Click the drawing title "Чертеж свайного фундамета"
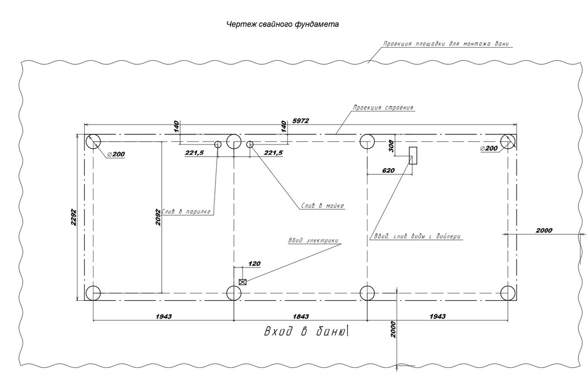click(x=282, y=25)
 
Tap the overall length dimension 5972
click(x=301, y=121)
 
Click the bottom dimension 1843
click(x=300, y=316)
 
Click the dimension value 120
click(x=254, y=263)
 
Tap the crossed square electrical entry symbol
click(x=242, y=282)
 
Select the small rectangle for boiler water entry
click(x=413, y=155)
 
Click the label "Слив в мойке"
click(x=323, y=205)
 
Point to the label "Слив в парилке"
click(x=187, y=211)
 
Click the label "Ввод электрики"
click(x=314, y=240)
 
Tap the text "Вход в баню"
click(x=304, y=332)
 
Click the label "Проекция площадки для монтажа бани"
click(x=447, y=44)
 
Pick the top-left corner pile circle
click(x=93, y=142)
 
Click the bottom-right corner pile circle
click(x=508, y=293)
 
